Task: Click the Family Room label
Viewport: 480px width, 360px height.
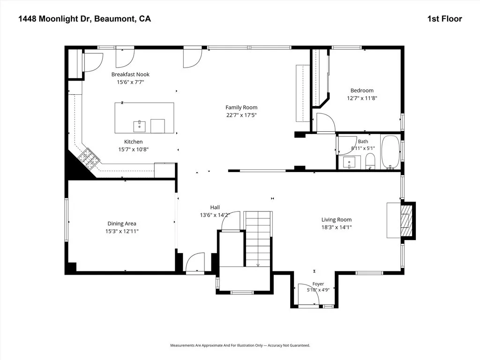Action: pos(241,107)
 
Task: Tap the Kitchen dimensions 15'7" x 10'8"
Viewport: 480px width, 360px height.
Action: pos(134,150)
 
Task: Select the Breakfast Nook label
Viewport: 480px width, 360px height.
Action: pos(130,75)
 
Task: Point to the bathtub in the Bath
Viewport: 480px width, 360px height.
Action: pos(390,152)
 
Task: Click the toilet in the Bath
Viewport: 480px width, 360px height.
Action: pos(370,161)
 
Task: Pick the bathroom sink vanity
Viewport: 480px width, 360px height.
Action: pos(349,162)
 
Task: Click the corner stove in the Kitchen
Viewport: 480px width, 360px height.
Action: pos(89,158)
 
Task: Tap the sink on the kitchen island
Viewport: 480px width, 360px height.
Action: pos(139,126)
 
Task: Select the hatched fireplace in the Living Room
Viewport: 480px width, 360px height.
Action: pos(407,220)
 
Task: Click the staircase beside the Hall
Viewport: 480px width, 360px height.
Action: pos(258,239)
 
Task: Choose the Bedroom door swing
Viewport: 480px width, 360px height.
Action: pos(326,123)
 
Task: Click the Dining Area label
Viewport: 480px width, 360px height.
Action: pos(122,224)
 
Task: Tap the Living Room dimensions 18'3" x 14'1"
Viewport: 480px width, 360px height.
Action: pos(337,227)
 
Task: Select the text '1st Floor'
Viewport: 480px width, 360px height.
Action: pos(444,19)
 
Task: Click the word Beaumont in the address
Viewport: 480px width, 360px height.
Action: pos(114,19)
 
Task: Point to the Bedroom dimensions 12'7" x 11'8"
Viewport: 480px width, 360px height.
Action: pos(362,98)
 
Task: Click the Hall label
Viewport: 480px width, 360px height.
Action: pos(215,207)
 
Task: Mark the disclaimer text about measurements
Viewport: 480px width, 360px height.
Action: pos(240,345)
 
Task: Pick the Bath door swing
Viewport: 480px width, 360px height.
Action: pos(347,145)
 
